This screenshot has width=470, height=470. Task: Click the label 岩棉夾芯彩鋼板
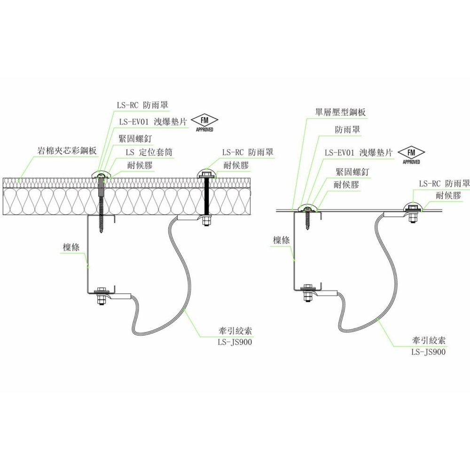(x=67, y=151)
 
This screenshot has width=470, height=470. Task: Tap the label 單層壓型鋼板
(x=340, y=112)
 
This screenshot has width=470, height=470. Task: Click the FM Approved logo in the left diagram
(x=204, y=123)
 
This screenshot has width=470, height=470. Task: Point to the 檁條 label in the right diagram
(x=281, y=240)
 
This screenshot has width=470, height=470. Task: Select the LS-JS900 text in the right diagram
(x=428, y=352)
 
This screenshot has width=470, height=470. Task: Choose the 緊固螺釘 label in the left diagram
(x=135, y=139)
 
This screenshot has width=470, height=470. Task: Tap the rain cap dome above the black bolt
(x=206, y=171)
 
